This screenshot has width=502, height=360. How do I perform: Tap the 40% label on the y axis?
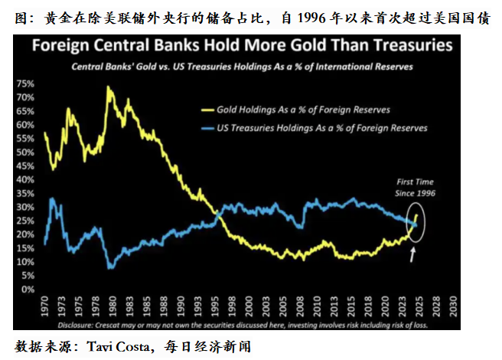(26, 180)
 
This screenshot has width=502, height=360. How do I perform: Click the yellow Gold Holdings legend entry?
(293, 109)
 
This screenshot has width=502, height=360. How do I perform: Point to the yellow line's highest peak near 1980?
(108, 87)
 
